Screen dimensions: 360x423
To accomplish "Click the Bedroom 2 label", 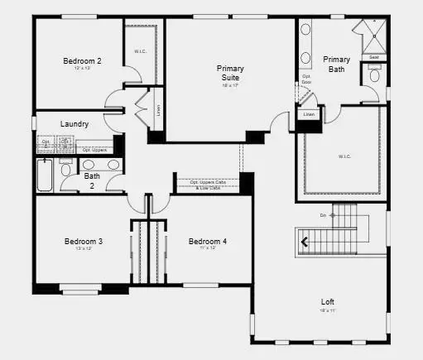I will [x=82, y=60].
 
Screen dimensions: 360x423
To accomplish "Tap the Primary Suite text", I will [x=231, y=73].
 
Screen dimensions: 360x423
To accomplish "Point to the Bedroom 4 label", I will [x=207, y=242].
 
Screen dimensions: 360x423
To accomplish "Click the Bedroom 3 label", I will [x=84, y=242].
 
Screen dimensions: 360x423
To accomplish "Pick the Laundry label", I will [x=75, y=124].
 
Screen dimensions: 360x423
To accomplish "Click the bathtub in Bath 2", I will [x=44, y=175].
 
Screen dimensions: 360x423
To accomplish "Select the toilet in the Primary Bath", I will [x=374, y=75].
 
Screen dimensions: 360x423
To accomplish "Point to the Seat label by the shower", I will [x=374, y=57].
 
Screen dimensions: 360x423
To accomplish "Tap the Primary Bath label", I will [x=336, y=65].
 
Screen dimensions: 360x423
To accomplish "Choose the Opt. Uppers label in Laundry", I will [x=94, y=150].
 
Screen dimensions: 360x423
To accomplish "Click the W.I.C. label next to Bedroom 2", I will [x=141, y=51].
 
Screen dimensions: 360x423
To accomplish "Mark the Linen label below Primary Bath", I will [x=309, y=114].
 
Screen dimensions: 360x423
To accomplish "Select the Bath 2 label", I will [x=91, y=181].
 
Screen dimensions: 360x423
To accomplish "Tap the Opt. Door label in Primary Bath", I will [x=306, y=79].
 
